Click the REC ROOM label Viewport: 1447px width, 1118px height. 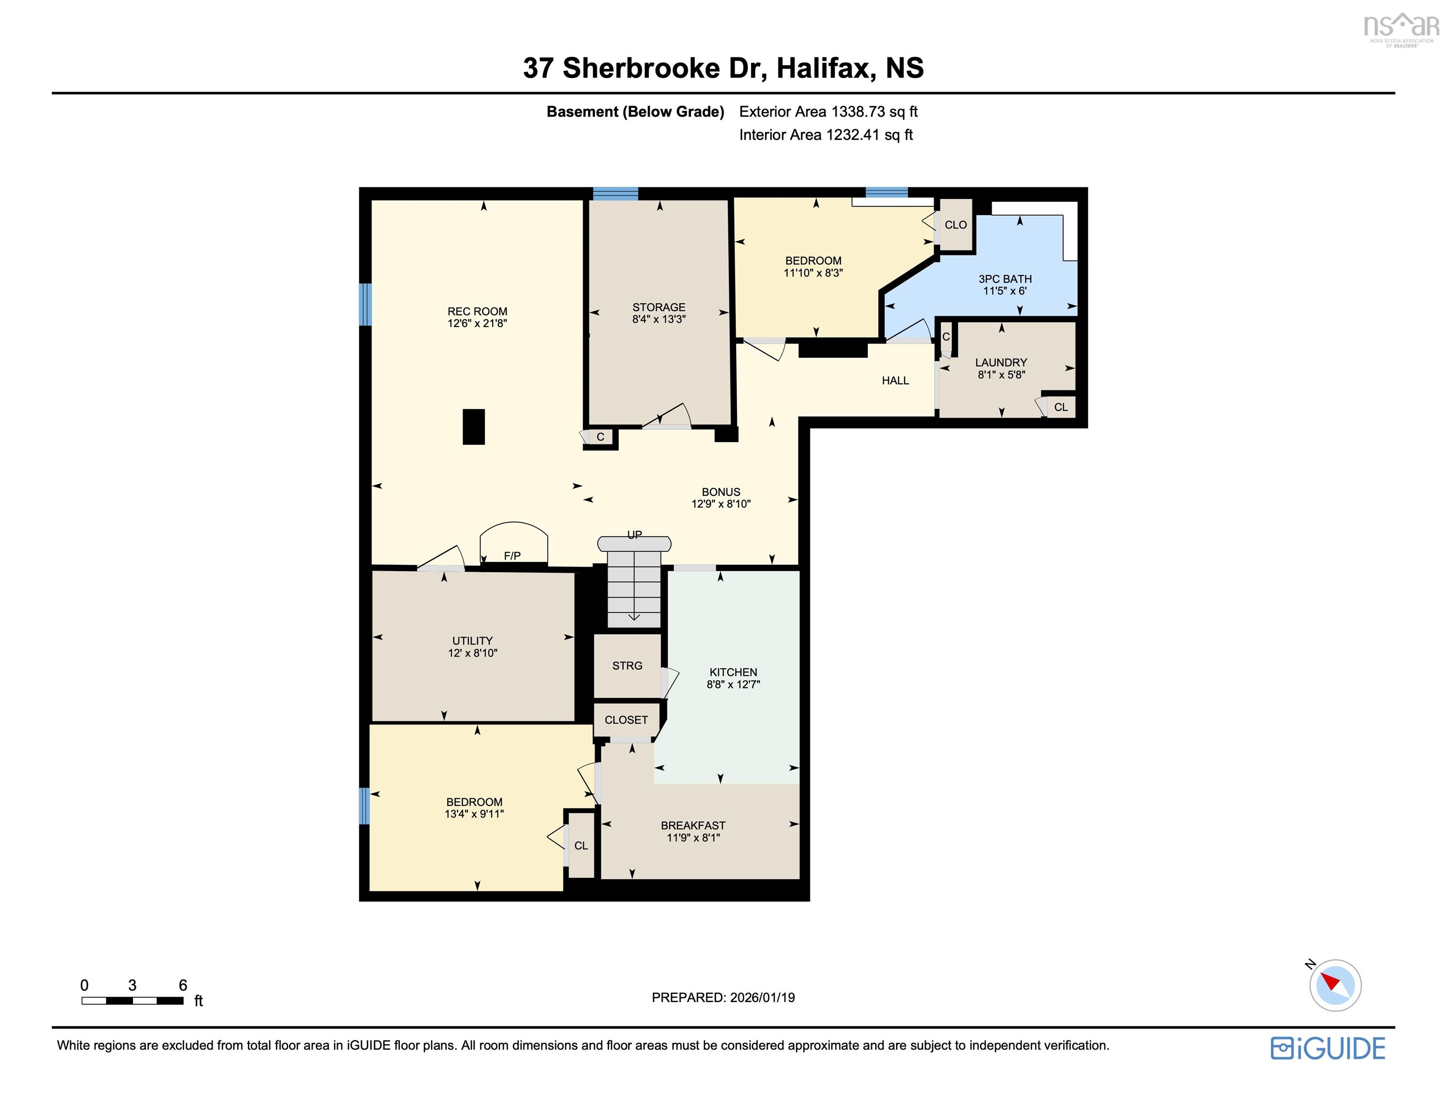click(x=477, y=312)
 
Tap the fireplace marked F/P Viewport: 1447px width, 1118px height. click(x=513, y=547)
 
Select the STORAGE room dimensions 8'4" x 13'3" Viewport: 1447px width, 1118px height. click(x=658, y=319)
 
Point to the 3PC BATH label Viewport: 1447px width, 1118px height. click(x=1005, y=279)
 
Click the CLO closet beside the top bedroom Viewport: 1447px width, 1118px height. click(x=955, y=225)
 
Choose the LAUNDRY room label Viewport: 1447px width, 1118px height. click(x=1001, y=362)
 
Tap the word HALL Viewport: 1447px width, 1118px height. click(x=895, y=380)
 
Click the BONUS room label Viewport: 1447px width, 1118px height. click(x=721, y=492)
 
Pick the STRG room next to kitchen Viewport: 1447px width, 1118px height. click(x=627, y=665)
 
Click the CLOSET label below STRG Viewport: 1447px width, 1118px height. click(x=626, y=720)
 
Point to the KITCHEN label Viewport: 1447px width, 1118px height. click(x=733, y=672)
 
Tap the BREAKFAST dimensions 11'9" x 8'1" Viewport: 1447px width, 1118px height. click(x=693, y=838)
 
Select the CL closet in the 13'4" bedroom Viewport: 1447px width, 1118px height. click(x=581, y=846)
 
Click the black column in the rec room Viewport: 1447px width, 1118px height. click(x=473, y=427)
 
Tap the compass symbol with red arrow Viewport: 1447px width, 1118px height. click(x=1335, y=985)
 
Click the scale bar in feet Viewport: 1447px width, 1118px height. click(x=132, y=1001)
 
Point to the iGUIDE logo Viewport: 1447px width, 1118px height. click(x=1327, y=1048)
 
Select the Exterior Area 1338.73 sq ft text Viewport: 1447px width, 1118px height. click(x=828, y=111)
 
